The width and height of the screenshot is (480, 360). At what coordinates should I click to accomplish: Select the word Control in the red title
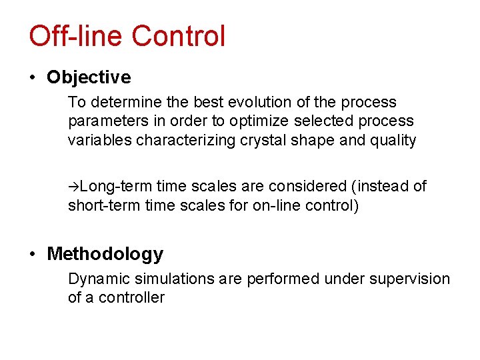178,36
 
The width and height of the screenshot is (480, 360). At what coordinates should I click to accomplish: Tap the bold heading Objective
89,77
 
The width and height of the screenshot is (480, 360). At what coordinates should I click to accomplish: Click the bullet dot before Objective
33,78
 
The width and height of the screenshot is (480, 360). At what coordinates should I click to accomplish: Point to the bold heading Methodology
105,254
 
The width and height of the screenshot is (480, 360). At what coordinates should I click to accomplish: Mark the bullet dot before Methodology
33,255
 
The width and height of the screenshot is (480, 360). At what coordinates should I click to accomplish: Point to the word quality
393,140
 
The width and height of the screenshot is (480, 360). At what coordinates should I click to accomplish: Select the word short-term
100,205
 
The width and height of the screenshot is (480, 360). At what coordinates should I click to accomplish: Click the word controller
131,297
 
